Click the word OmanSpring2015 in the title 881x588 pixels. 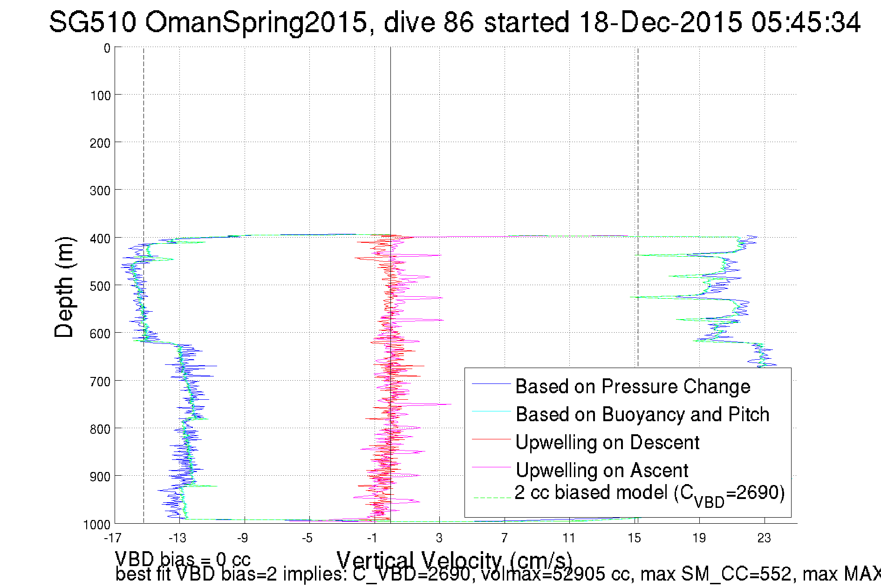tap(256, 22)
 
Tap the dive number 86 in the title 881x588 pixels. tap(458, 22)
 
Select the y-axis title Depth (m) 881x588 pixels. tap(64, 287)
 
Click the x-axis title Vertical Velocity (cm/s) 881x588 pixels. tap(454, 560)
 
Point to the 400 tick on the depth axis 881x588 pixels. tap(100, 239)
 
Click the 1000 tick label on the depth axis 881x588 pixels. tap(97, 525)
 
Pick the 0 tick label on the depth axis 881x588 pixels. tap(107, 48)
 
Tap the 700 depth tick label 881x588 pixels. tap(100, 382)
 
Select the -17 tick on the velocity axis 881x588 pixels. tap(112, 538)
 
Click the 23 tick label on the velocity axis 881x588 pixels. tap(764, 538)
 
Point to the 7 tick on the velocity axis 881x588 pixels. tap(505, 538)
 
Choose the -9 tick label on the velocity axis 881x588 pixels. tap(242, 538)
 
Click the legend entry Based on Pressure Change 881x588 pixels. tap(633, 386)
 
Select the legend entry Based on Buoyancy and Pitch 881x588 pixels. tap(642, 414)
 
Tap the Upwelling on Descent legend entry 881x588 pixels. tap(608, 442)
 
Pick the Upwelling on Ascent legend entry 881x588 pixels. tap(602, 470)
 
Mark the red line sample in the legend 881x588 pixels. tap(492, 439)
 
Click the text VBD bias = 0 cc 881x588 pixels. tap(183, 559)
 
